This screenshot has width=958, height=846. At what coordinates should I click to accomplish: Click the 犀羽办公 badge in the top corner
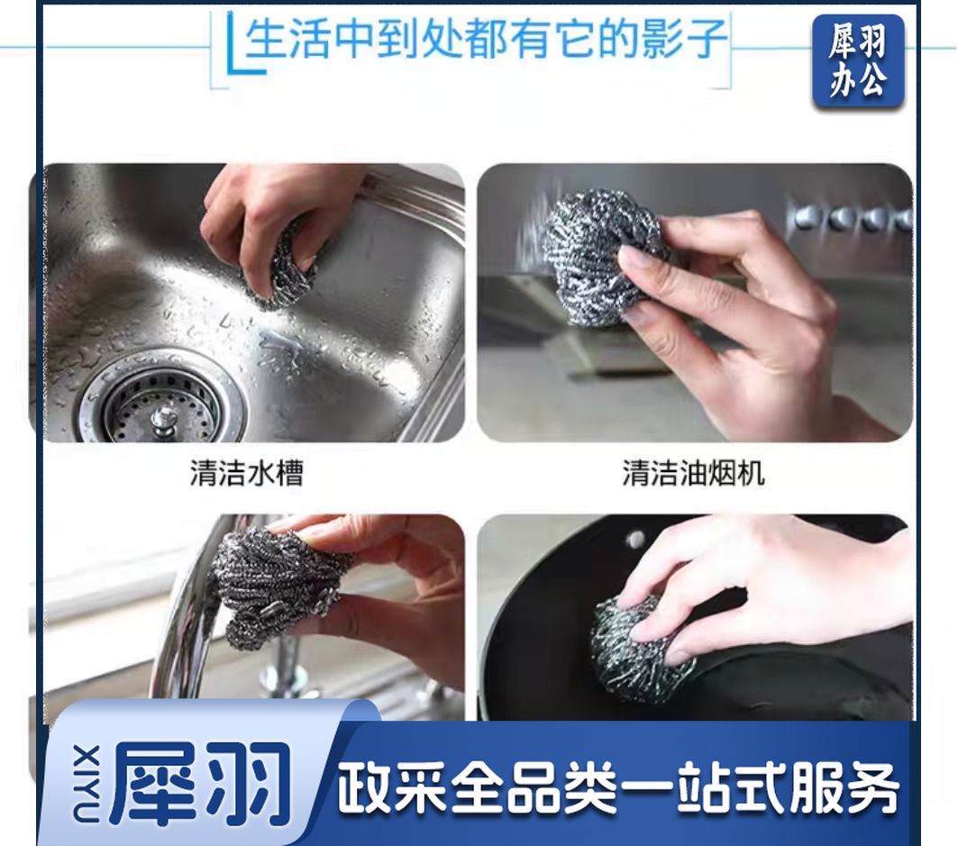pos(858,61)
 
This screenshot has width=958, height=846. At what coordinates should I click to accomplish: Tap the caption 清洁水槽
pos(247,473)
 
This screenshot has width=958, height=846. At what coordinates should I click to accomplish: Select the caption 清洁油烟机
pos(693,473)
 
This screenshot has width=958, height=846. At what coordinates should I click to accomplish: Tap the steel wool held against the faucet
pos(275,587)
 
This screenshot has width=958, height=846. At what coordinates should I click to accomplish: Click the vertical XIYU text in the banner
pos(87,783)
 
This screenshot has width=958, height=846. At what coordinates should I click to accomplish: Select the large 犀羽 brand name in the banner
pos(200,783)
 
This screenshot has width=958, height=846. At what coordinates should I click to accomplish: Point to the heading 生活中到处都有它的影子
pos(486,39)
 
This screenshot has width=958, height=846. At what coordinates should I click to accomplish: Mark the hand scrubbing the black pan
pos(763,587)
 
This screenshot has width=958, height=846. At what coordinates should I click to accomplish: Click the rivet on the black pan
pos(635,539)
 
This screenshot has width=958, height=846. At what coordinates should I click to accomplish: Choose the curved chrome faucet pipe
pos(183,611)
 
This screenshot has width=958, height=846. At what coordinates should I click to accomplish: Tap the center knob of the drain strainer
pos(164,421)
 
